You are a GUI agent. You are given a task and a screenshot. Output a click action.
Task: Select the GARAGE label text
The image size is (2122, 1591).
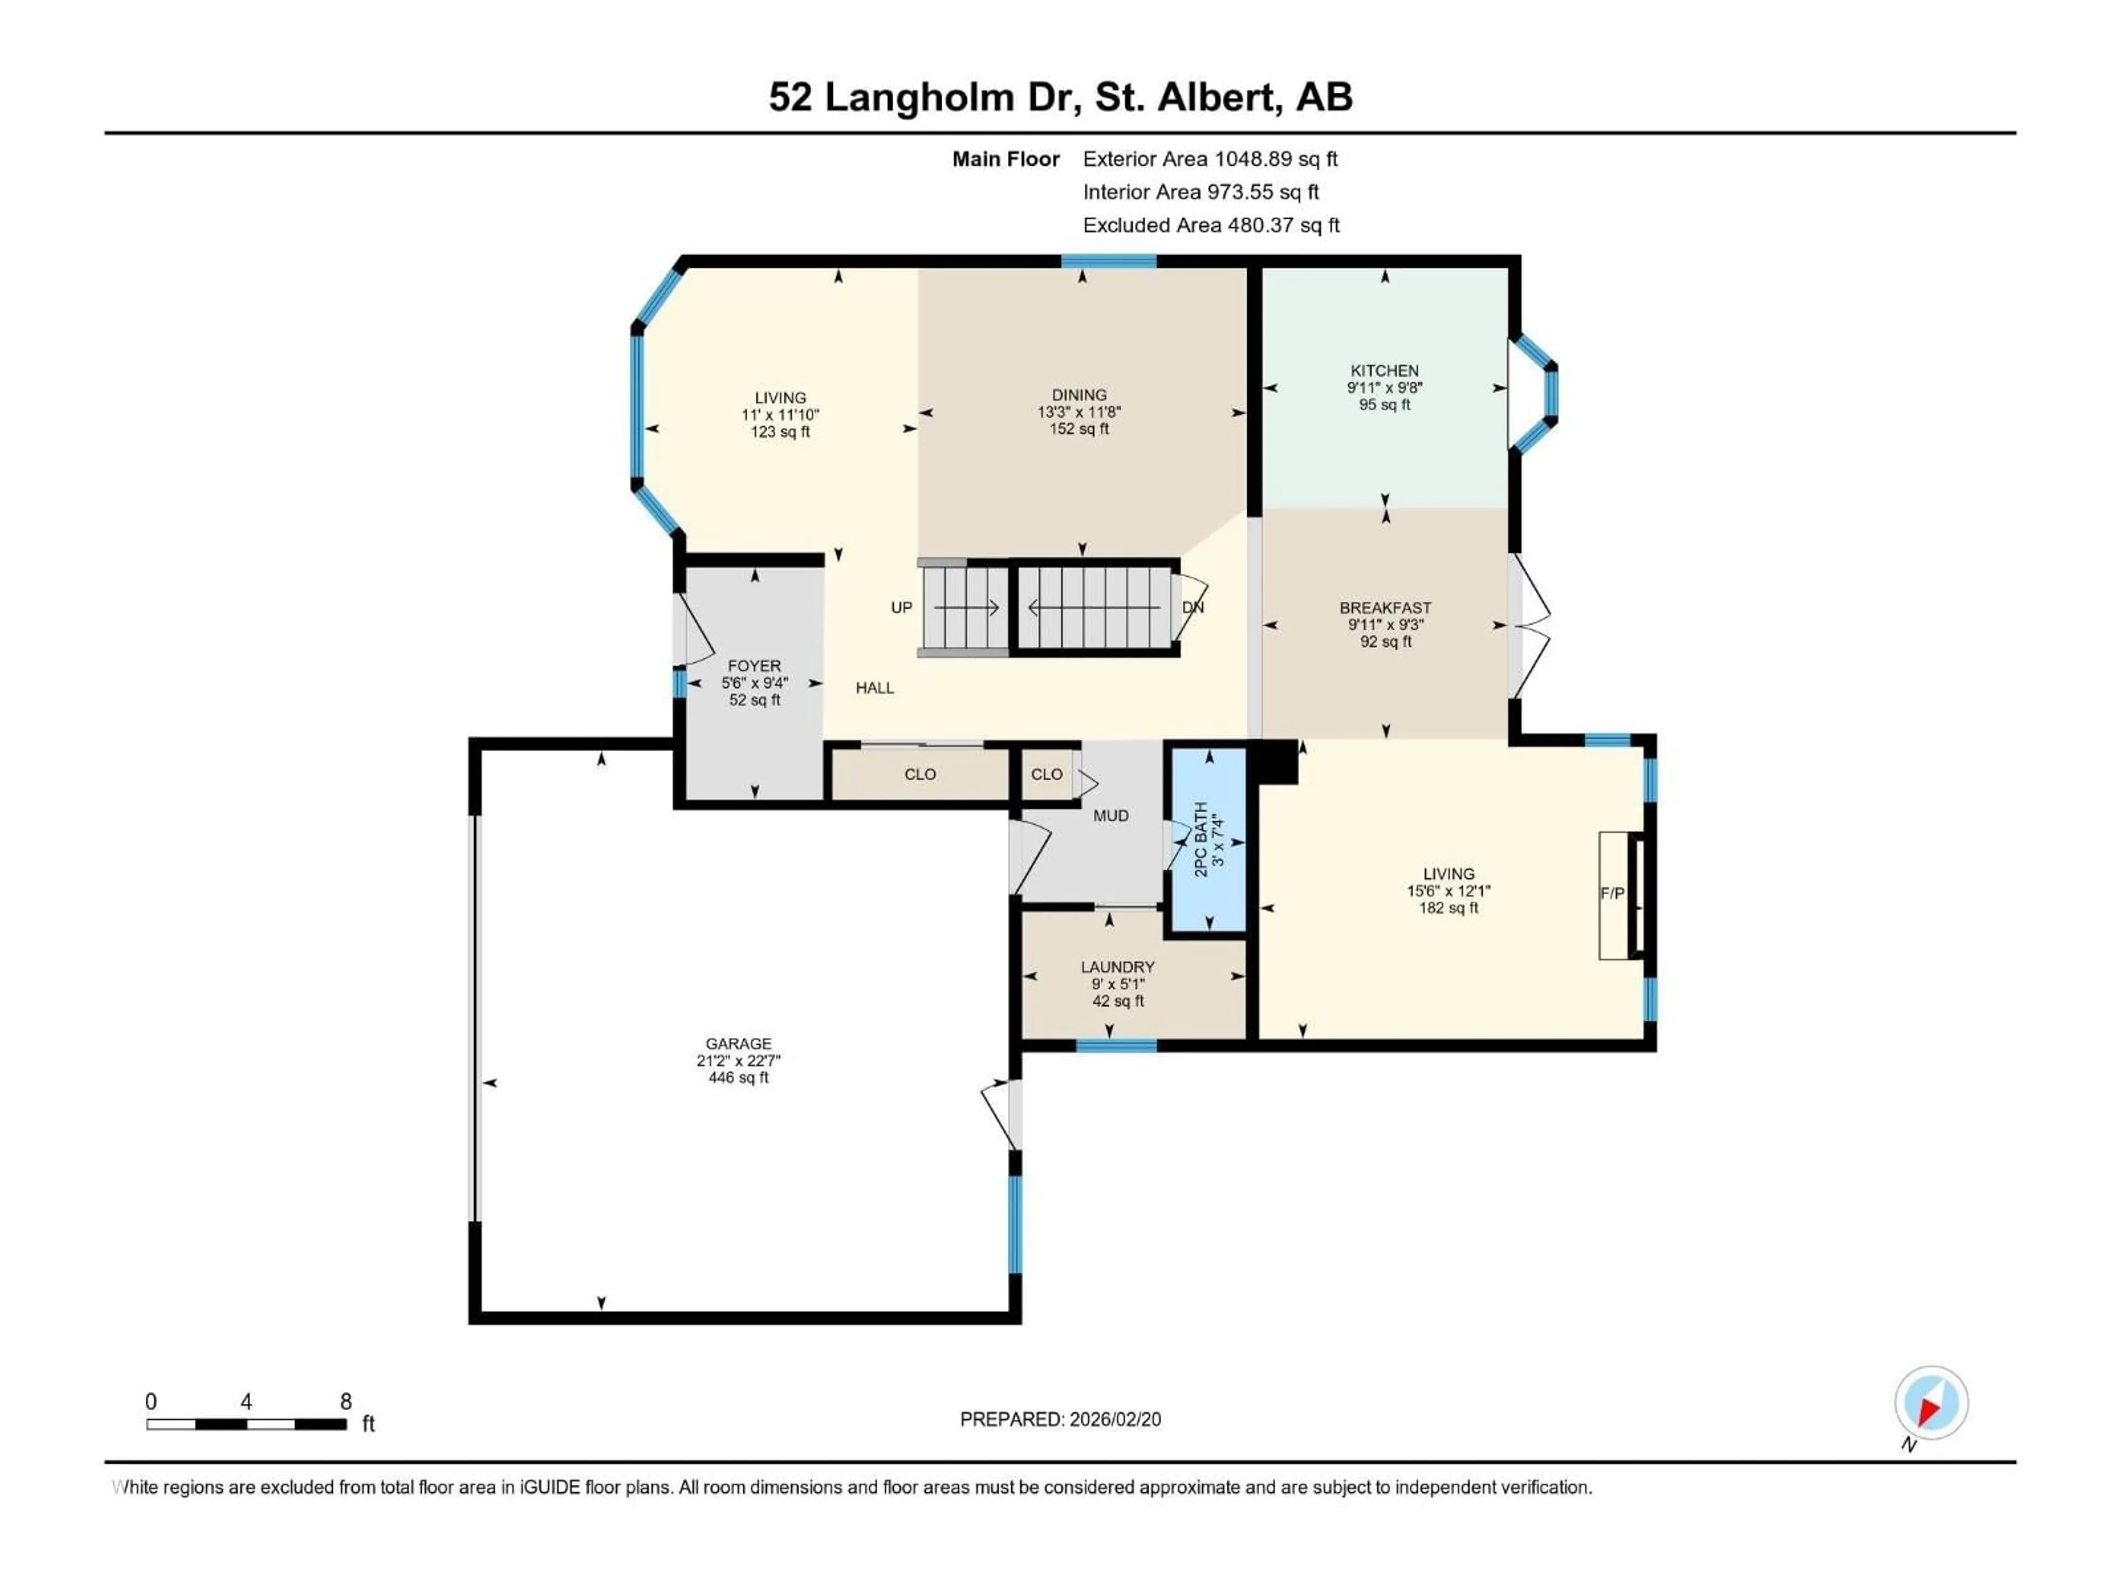tap(738, 1044)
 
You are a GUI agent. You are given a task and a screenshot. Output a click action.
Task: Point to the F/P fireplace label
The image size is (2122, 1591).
tap(1611, 893)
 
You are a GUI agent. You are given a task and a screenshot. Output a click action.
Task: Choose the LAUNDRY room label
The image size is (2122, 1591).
tap(1117, 967)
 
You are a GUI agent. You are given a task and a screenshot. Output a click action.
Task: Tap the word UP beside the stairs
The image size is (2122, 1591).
tap(901, 607)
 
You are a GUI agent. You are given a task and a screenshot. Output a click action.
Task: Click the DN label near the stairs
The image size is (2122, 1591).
tap(1193, 607)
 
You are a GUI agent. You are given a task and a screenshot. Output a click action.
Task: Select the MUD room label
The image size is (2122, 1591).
tap(1110, 815)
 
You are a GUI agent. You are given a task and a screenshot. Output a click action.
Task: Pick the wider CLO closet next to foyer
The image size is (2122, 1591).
tap(919, 774)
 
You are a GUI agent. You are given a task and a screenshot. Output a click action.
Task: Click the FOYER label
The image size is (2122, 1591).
tap(754, 666)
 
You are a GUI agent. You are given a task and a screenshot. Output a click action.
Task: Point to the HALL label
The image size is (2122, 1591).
tap(874, 688)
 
